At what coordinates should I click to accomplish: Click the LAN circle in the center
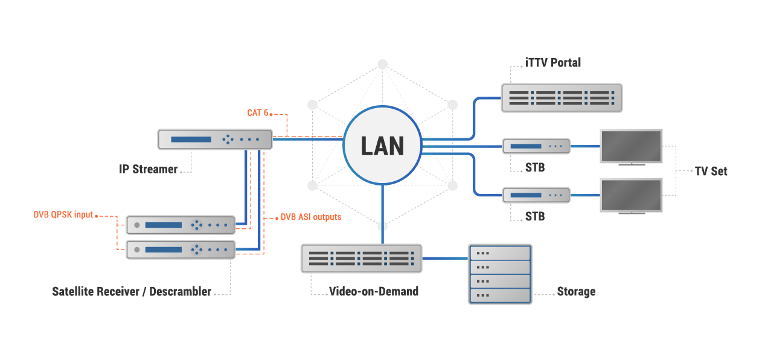point(382,146)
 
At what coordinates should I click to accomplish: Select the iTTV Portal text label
point(552,62)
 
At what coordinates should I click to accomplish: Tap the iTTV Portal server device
point(562,98)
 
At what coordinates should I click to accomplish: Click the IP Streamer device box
point(215,139)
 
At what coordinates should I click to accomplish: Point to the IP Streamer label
point(148,169)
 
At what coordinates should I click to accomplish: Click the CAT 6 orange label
point(257,113)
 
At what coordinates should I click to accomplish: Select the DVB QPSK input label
point(63,214)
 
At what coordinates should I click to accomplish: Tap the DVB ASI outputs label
point(310,217)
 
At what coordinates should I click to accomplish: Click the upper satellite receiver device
point(181,225)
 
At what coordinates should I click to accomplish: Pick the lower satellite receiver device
point(181,249)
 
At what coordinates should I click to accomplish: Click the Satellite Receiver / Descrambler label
point(132,292)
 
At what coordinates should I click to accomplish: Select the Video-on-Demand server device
point(361,258)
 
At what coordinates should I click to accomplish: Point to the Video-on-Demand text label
point(373,291)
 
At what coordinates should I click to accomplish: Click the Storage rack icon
point(500,274)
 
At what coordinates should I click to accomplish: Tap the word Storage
point(576,292)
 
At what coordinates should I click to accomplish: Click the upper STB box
point(536,146)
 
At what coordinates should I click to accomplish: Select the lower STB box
point(536,194)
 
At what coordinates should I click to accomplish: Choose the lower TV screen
point(631,194)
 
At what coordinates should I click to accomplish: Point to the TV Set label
point(711,171)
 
